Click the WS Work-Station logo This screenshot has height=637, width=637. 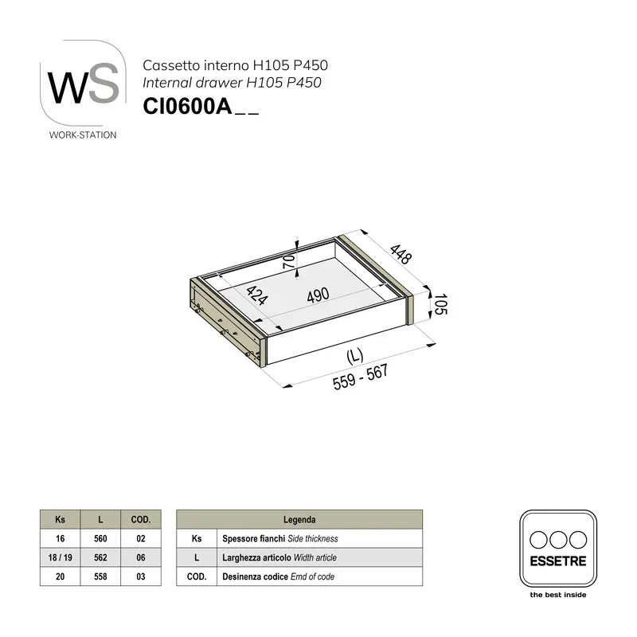83,88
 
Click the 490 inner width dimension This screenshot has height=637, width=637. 317,296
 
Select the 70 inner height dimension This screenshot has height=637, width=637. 288,261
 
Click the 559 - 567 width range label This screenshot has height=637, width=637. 360,381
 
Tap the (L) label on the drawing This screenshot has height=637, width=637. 355,357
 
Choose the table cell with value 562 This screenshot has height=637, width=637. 100,557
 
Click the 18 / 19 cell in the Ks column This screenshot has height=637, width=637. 61,557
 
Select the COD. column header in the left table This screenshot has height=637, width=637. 140,519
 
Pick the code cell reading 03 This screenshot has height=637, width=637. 140,576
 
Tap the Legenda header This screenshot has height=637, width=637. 299,519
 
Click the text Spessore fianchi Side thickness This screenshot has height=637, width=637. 280,538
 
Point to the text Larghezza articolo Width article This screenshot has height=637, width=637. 279,557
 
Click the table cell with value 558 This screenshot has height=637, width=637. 100,576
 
